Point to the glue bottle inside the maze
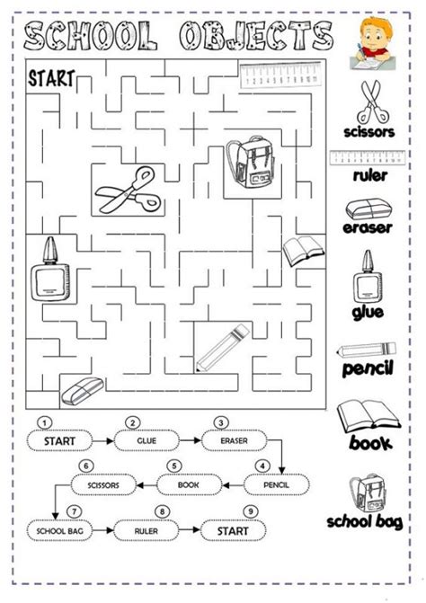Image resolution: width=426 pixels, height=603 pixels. click(46, 275)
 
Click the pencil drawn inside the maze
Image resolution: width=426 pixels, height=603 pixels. click(224, 345)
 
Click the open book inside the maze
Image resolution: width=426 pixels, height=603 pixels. click(300, 252)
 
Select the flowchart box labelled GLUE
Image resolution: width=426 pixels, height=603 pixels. click(146, 441)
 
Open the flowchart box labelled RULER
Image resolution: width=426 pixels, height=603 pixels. click(147, 531)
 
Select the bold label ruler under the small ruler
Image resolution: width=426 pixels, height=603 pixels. click(369, 176)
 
